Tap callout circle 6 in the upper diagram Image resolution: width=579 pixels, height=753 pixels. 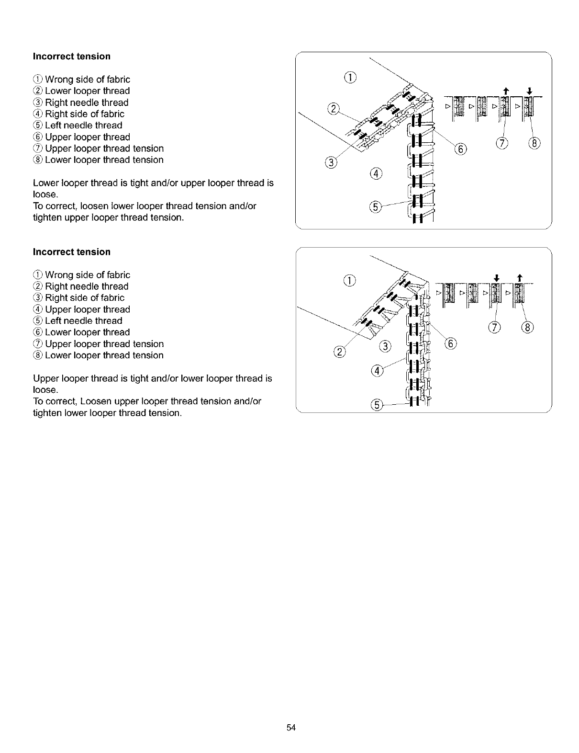click(459, 149)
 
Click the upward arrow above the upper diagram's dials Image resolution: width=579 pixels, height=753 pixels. click(504, 90)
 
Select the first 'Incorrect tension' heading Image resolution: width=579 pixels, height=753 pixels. click(72, 57)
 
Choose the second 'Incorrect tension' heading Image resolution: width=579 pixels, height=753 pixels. click(72, 252)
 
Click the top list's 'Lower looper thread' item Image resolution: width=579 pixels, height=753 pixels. click(87, 91)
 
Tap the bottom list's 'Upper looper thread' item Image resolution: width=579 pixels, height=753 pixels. click(87, 309)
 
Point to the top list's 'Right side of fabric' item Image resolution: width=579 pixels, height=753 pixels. click(84, 114)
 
